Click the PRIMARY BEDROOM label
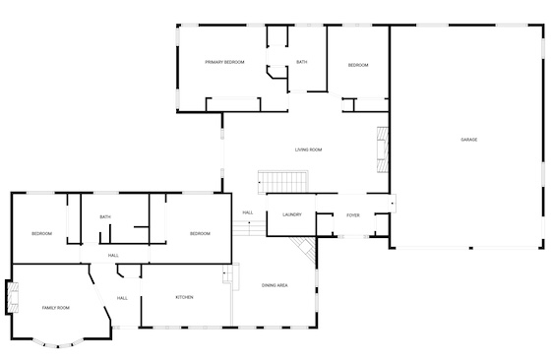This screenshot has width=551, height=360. click(224, 62)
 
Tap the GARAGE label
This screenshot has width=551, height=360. click(469, 140)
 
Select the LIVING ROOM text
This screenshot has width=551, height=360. click(309, 150)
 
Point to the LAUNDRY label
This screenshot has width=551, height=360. click(292, 214)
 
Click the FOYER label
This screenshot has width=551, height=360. click(353, 215)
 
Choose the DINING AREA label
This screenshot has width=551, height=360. click(275, 285)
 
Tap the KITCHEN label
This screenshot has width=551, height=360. click(185, 297)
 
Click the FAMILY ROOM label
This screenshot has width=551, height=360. click(56, 308)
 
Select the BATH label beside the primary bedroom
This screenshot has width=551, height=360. click(301, 62)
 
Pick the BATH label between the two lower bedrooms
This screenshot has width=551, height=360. click(105, 216)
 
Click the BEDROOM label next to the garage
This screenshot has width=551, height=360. click(358, 65)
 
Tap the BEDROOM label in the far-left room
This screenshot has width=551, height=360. click(41, 233)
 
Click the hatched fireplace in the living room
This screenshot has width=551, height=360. click(383, 150)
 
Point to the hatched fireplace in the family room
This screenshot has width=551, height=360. click(13, 298)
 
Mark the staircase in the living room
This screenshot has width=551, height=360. click(283, 182)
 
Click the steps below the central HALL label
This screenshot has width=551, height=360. click(249, 228)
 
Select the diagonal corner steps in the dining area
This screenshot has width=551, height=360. click(304, 249)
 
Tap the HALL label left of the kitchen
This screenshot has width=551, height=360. click(122, 298)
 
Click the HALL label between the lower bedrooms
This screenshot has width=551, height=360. click(113, 256)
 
